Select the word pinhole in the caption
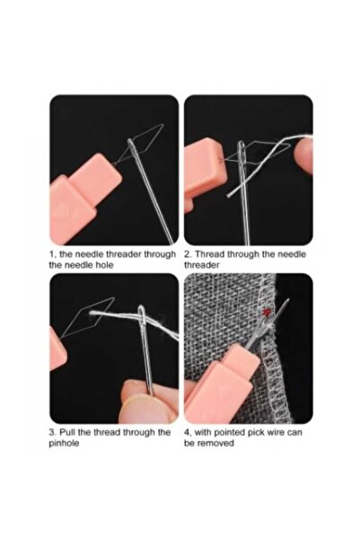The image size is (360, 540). (x=66, y=444)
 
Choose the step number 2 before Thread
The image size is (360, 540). (x=188, y=254)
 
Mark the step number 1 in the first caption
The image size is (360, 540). (x=51, y=254)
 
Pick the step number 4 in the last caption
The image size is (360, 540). (x=188, y=432)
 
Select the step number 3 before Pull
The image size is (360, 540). (x=52, y=432)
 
